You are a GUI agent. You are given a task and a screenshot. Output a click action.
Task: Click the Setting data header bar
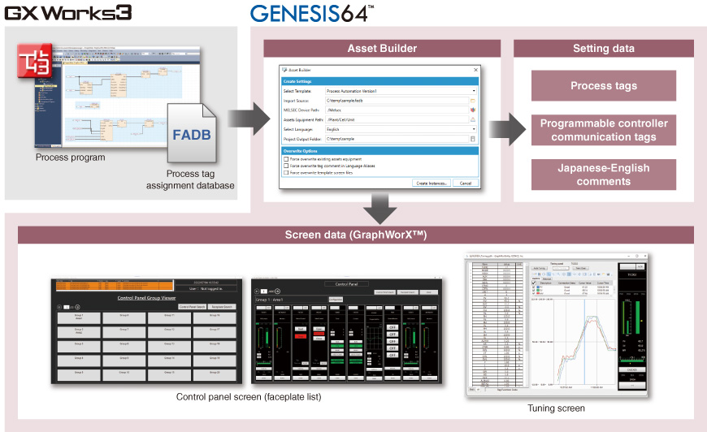click(x=603, y=48)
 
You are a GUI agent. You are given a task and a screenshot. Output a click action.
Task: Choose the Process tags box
click(x=603, y=86)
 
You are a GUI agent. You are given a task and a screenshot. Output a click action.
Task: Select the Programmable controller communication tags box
click(x=603, y=130)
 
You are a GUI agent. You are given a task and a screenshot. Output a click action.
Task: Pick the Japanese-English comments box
click(x=603, y=175)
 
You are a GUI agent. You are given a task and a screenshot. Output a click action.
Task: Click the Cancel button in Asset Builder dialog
click(x=465, y=184)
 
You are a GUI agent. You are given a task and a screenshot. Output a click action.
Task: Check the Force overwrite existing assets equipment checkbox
click(x=286, y=159)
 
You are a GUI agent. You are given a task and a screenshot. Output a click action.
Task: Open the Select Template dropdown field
click(x=401, y=91)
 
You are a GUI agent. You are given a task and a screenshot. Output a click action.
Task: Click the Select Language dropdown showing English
click(x=401, y=129)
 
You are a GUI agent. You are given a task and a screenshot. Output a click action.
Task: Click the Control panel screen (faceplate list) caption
click(x=249, y=396)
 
